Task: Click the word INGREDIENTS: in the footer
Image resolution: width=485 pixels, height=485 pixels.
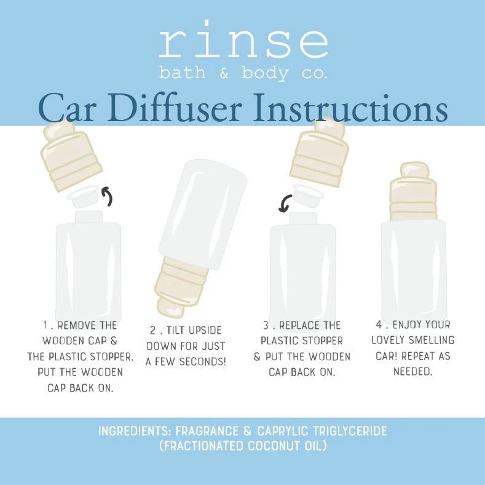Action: pos(133,431)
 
